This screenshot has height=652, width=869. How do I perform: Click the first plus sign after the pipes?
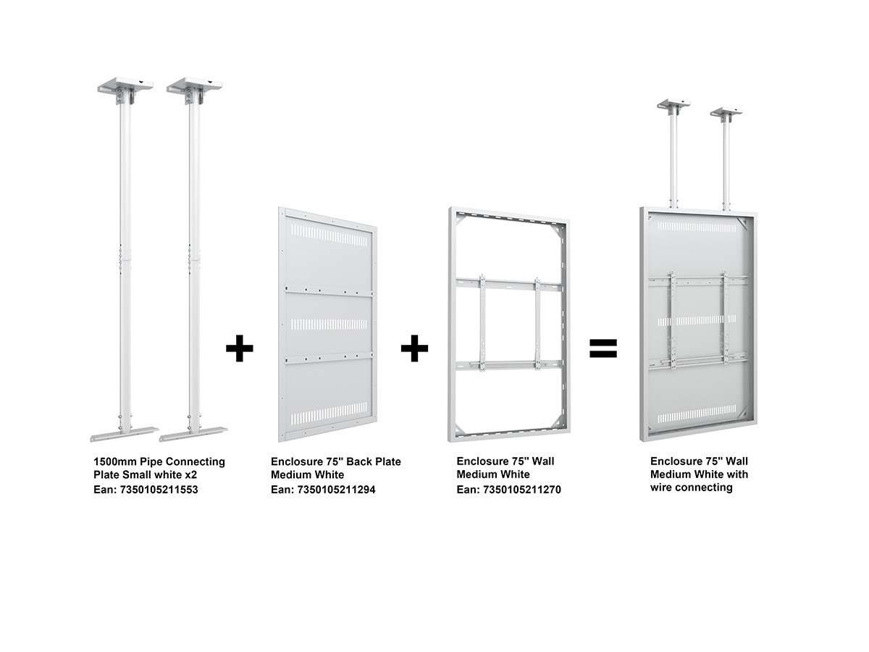point(239,348)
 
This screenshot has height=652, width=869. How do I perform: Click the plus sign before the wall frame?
point(414,348)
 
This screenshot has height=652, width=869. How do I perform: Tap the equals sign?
point(603,348)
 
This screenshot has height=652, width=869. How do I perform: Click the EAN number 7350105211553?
point(159,490)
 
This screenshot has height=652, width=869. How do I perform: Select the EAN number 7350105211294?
point(336,490)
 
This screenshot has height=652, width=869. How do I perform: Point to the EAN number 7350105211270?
point(521,490)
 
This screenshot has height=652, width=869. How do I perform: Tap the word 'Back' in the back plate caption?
point(358,461)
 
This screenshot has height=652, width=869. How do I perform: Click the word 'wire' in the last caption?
point(661,488)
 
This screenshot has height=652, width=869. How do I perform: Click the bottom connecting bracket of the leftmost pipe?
point(124,434)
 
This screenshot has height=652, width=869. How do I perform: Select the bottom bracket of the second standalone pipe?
point(193,434)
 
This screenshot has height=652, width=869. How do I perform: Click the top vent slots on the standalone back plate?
point(329,236)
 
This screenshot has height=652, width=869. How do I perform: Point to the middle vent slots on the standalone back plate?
point(329,325)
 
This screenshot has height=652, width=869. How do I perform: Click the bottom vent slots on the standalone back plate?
point(329,414)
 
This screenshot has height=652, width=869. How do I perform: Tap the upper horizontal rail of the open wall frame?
point(508,284)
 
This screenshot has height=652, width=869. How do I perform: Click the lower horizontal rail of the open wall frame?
point(508,364)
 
